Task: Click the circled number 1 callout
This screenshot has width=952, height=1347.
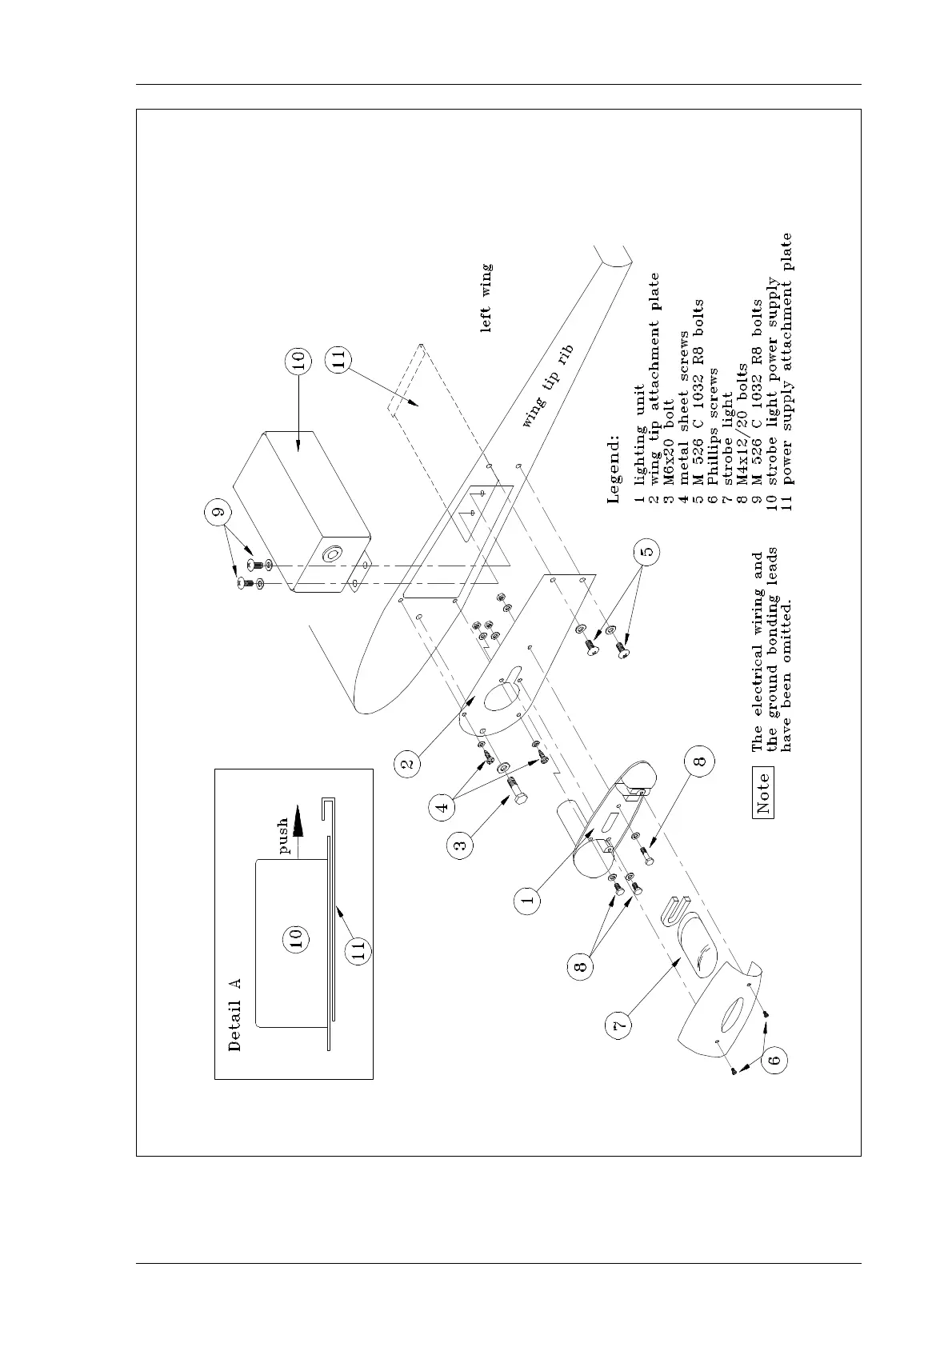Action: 527,900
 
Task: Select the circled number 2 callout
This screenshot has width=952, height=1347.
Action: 408,765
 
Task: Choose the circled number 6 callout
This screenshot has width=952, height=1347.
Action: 774,1061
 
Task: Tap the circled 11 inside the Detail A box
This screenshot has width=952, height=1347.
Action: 358,950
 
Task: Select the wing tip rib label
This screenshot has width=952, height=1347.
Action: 549,386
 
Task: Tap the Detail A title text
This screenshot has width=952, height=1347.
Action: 234,1014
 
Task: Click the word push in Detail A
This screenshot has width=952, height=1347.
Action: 284,837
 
